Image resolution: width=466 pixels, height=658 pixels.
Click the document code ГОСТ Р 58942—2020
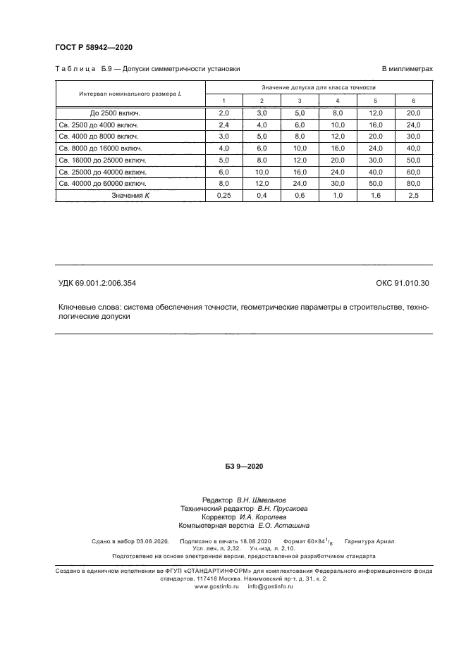click(93, 48)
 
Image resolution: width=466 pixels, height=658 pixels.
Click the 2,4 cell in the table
click(224, 125)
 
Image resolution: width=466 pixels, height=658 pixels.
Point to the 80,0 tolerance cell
click(412, 184)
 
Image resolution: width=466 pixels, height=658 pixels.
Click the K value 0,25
click(224, 196)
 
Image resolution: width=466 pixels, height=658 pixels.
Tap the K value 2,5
click(412, 196)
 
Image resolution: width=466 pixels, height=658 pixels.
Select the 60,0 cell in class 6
click(412, 172)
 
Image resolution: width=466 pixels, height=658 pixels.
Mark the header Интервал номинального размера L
click(130, 94)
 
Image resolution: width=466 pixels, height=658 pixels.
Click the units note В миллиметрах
click(407, 69)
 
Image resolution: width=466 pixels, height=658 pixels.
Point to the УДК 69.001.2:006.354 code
click(97, 284)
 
